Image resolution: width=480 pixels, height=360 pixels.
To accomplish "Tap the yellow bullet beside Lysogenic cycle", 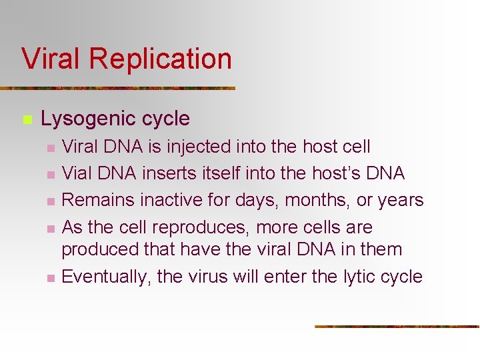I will tap(27, 120).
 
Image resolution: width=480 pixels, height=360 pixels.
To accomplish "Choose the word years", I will tap(399, 201).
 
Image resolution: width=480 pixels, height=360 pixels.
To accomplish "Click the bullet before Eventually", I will tap(49, 277).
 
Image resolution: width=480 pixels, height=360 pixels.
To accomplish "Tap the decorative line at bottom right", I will tap(397, 327).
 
